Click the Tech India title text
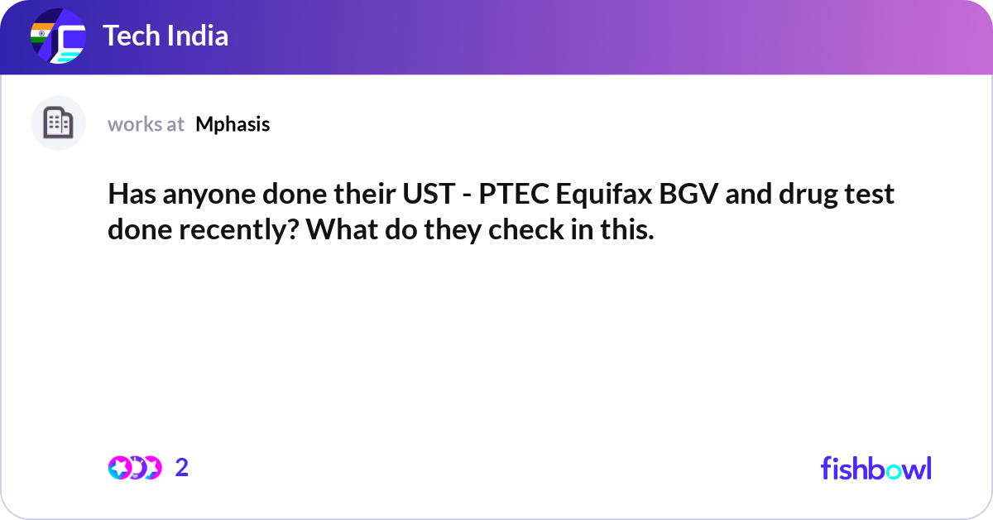[165, 36]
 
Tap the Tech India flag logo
[58, 37]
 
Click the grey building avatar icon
[58, 123]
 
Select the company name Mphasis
[233, 124]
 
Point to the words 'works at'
[146, 124]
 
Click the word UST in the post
[425, 195]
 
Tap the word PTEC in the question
[514, 195]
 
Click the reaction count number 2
[182, 468]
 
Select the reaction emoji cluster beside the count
[134, 468]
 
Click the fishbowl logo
[875, 468]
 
